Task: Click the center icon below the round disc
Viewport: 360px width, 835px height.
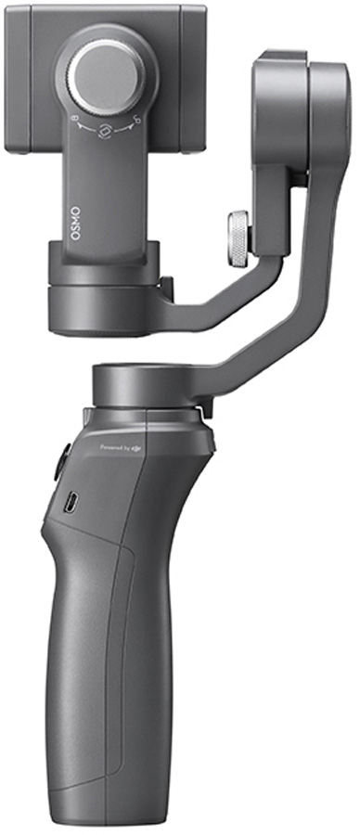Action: (109, 131)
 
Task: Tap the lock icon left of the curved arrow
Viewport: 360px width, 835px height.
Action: (77, 121)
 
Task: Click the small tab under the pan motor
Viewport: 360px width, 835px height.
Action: (202, 408)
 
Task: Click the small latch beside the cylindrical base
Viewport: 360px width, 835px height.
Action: (165, 289)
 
